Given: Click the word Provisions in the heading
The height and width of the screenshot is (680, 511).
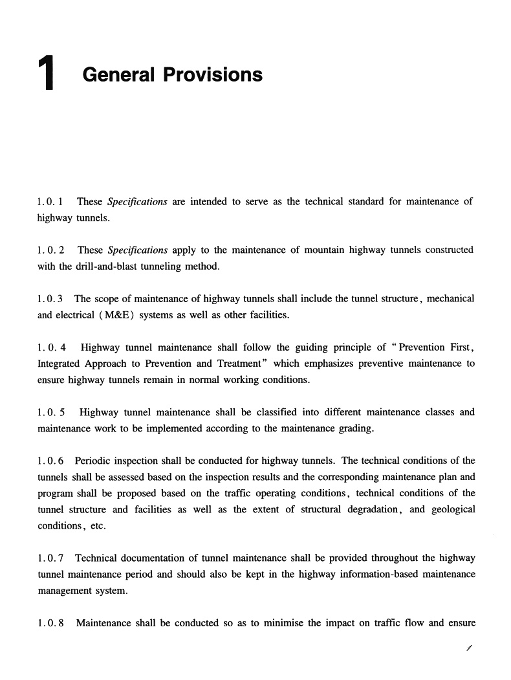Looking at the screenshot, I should coord(213,75).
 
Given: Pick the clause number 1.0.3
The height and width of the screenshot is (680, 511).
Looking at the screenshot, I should coord(50,299).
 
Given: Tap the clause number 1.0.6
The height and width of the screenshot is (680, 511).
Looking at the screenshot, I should coord(50,461).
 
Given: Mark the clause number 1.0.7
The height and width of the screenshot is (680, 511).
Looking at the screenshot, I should coord(50,558).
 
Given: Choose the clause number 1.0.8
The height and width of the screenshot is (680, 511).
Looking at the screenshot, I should coord(50,623).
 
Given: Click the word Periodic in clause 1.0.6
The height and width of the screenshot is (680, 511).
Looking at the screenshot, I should coord(94,461).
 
